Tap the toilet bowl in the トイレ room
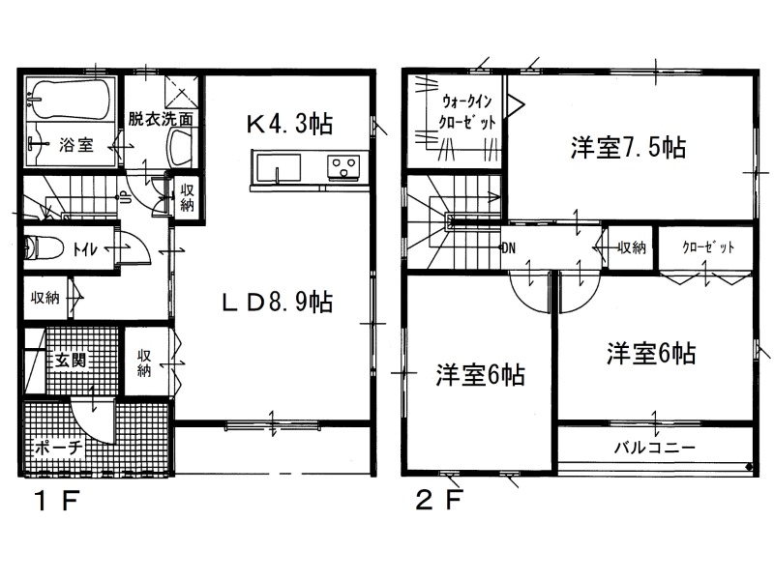tap(44, 247)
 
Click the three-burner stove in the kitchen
tap(343, 166)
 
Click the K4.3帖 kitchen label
tap(289, 124)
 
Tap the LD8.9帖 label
tap(277, 302)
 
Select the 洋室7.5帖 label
tap(628, 147)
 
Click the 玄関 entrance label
tap(70, 360)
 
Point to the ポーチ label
tap(58, 449)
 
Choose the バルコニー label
tap(655, 448)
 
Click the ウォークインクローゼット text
tap(466, 112)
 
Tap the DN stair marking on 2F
tap(509, 247)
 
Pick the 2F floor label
tap(440, 501)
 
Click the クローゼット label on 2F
tap(708, 247)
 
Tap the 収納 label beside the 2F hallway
tap(633, 247)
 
